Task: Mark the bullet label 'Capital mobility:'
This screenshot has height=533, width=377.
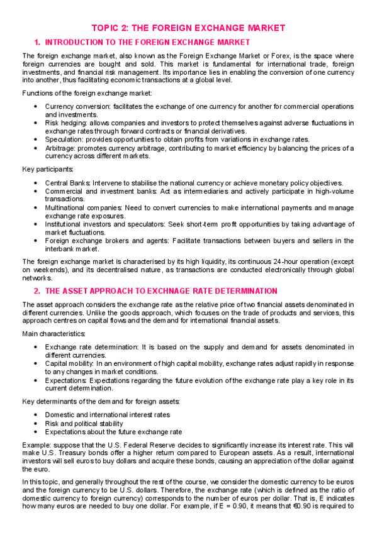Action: point(67,363)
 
